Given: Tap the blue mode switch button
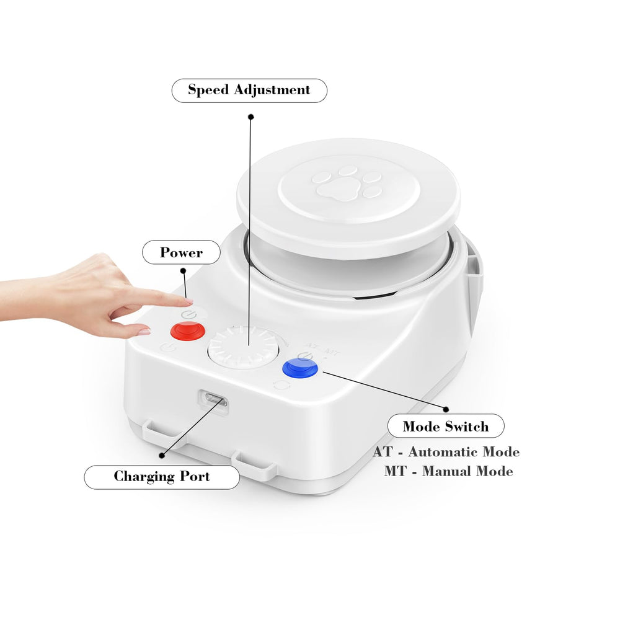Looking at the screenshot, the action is (299, 368).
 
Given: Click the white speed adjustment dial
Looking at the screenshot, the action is (244, 348).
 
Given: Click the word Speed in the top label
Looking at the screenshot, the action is (208, 90).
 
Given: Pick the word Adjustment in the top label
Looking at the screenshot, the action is (272, 90).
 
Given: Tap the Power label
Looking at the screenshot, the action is (181, 252).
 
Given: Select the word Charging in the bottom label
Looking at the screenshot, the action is (144, 476).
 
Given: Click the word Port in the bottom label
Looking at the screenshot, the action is (195, 476).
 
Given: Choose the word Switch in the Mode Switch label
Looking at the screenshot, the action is (467, 427).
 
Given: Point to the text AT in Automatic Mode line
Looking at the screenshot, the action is (383, 451).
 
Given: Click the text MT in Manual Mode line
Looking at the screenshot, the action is (395, 471).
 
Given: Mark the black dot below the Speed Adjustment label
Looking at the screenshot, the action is (250, 117).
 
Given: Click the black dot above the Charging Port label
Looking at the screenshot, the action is (162, 456).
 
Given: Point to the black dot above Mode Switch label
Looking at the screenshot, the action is (446, 409).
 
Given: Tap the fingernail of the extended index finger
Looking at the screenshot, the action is (188, 301).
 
